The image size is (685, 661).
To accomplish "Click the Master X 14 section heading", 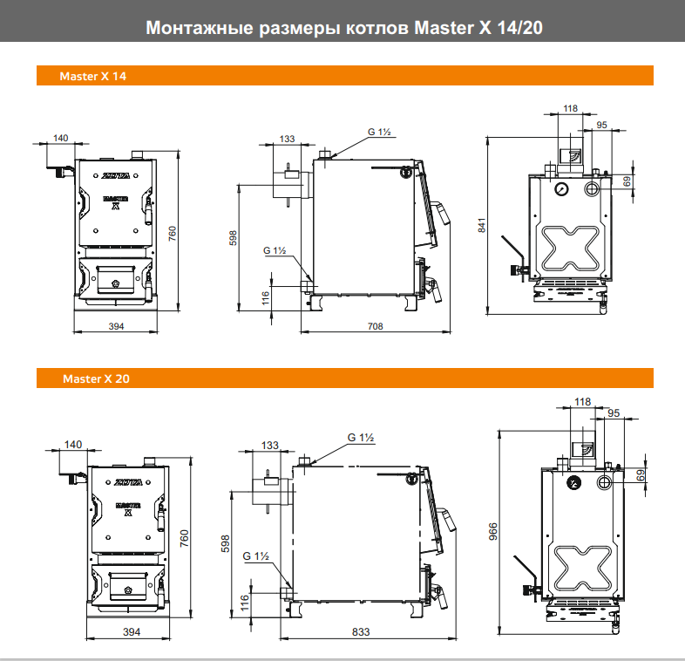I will tap(92, 77).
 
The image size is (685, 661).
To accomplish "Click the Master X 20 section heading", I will tap(96, 379).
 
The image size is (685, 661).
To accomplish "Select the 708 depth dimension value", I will tap(375, 326).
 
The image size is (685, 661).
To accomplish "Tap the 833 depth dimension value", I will tap(359, 631).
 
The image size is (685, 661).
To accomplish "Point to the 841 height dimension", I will tap(482, 224).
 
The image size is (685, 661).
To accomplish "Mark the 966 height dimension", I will tap(492, 531).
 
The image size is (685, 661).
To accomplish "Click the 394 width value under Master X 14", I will tap(116, 326).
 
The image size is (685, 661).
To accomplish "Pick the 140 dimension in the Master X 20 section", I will tap(73, 445).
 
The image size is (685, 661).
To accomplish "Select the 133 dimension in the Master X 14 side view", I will tap(288, 139).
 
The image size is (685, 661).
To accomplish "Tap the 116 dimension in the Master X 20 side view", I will tap(245, 602).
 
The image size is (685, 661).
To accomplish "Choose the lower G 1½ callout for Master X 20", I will tap(256, 555).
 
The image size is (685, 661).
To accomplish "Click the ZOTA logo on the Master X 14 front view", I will tap(117, 176).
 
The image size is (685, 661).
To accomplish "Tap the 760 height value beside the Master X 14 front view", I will tap(173, 234).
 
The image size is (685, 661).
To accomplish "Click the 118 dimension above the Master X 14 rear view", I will tap(570, 109).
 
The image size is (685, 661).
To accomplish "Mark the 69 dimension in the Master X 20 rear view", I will tap(641, 475).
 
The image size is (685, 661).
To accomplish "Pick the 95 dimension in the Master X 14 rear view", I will tap(601, 125).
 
